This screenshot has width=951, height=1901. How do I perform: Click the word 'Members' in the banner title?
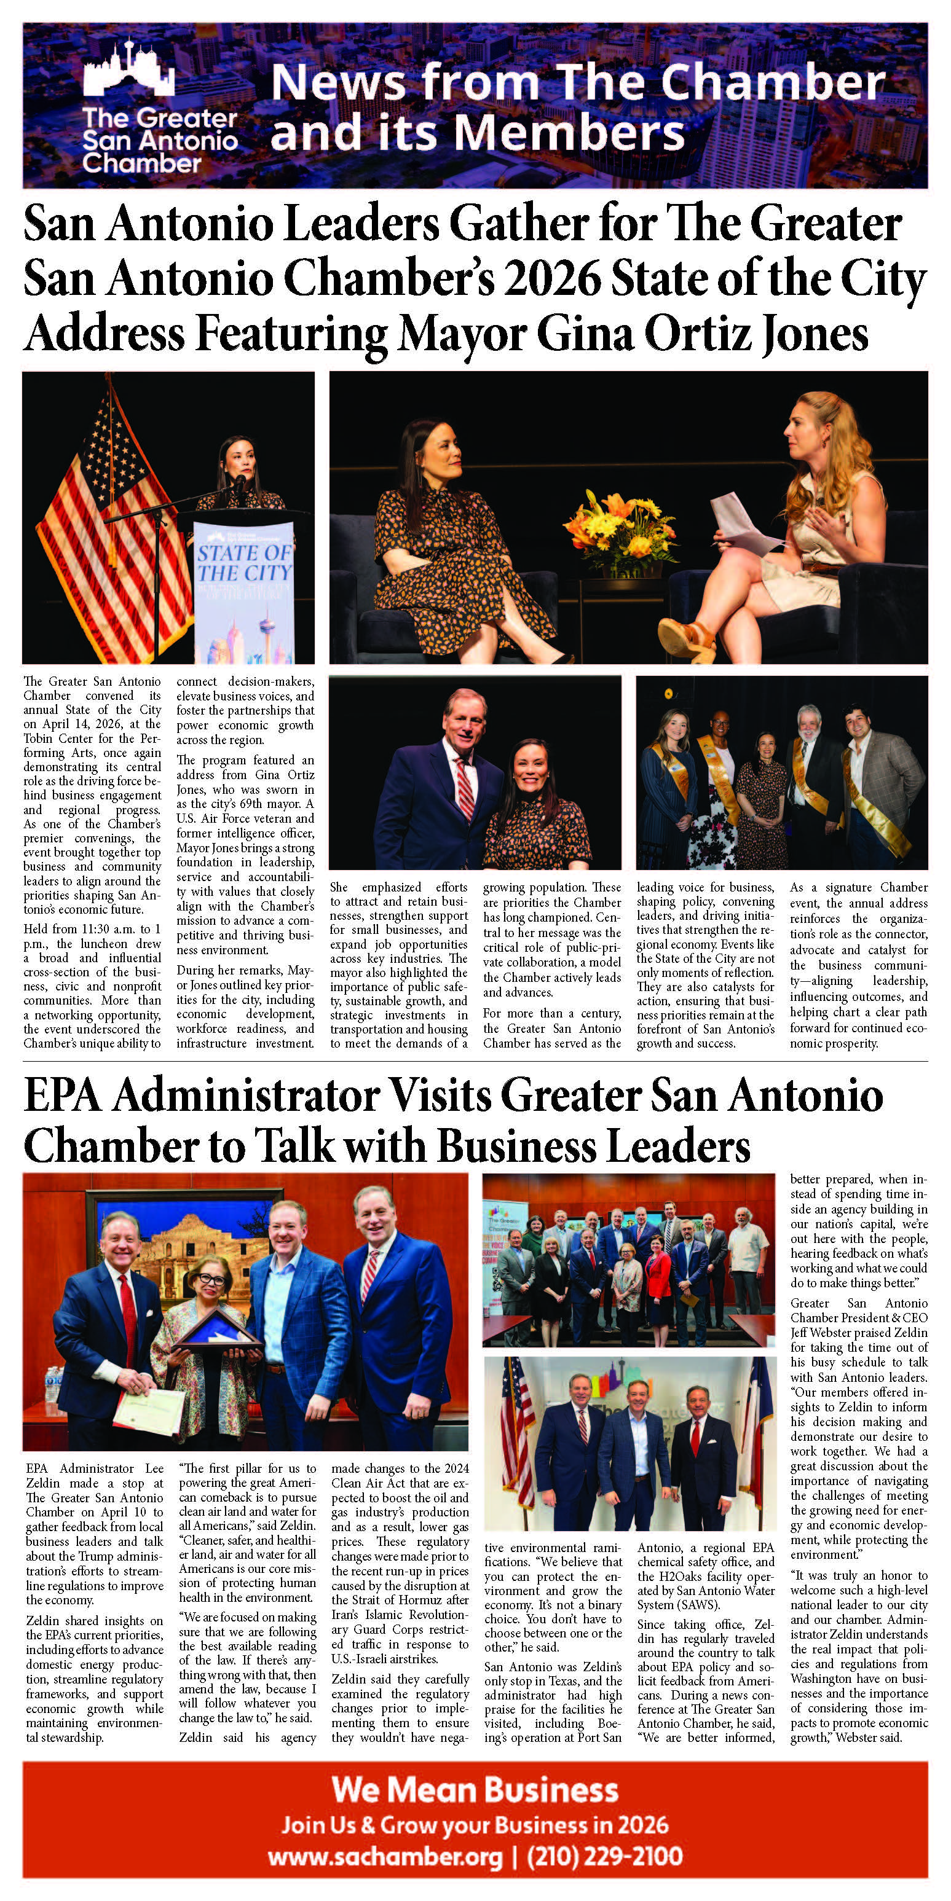tap(569, 133)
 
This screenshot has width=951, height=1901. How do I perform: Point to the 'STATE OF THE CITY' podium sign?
tap(243, 564)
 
